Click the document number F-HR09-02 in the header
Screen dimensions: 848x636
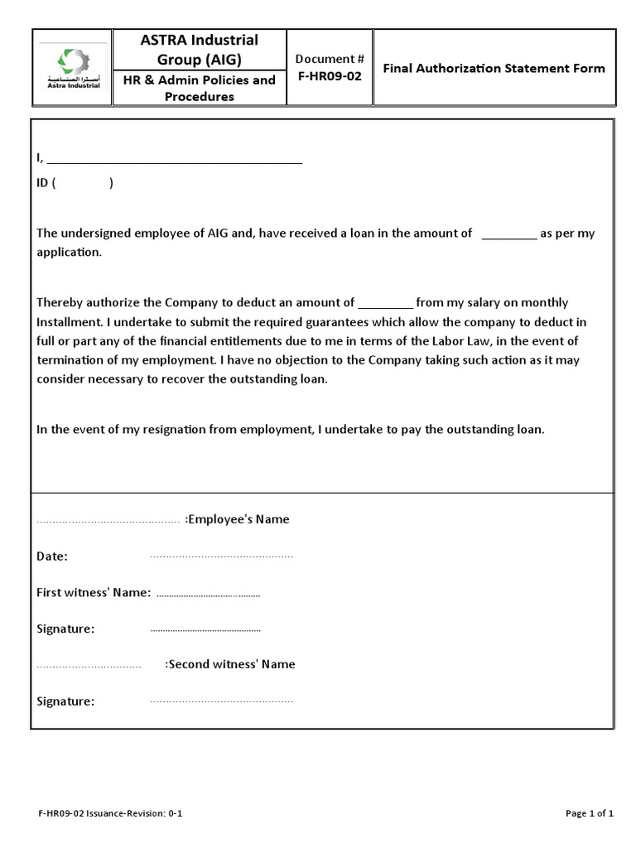[330, 76]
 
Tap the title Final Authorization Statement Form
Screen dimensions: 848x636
[494, 68]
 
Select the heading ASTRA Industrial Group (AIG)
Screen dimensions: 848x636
[198, 50]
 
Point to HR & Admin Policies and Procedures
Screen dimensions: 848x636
[198, 89]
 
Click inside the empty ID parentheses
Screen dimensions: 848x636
[83, 184]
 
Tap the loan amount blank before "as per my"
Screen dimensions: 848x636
[508, 234]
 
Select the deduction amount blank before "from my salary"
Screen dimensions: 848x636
[385, 303]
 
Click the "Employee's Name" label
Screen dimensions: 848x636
[238, 519]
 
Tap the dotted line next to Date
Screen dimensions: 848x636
[221, 556]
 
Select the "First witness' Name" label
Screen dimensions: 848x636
[94, 592]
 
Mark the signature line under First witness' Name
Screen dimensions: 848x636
[205, 630]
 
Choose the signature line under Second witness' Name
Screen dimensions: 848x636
[221, 702]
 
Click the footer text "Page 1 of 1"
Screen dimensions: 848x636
[590, 813]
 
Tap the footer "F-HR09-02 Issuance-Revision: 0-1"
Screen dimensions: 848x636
[109, 813]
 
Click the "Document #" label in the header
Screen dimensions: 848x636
[330, 59]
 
